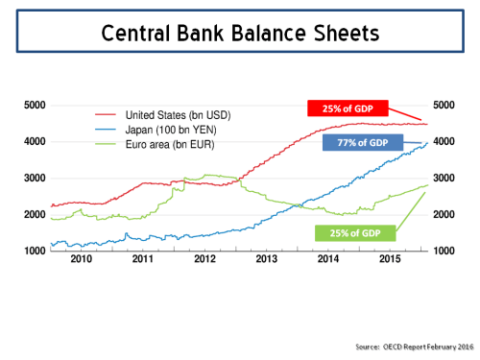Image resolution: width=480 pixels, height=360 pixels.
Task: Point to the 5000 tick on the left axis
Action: point(36,106)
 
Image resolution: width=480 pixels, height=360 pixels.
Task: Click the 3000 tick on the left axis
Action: point(36,179)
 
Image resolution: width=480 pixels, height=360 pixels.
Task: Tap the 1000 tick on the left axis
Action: point(36,252)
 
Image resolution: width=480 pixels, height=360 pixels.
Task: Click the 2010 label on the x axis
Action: point(81,259)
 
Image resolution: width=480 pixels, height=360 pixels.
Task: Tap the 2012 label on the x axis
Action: point(205,259)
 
